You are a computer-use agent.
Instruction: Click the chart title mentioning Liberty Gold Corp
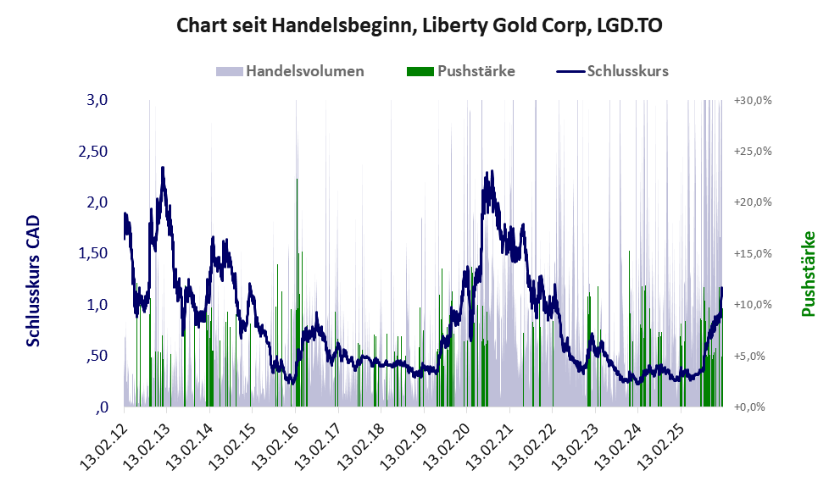pos(420,25)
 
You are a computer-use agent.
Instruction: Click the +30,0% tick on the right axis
pos(752,100)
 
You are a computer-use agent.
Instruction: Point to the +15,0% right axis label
pos(752,253)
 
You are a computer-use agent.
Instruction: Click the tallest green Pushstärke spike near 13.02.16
pos(297,180)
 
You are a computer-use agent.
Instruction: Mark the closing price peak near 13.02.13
pos(163,168)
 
